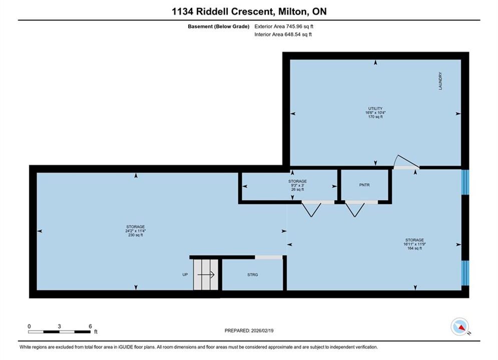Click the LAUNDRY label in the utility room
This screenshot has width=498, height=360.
coord(440,81)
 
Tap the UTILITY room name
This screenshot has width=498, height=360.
coord(375,108)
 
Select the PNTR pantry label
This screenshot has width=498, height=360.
coord(364,185)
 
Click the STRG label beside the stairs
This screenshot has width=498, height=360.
coord(252,274)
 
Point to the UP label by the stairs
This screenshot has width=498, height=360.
coord(185,274)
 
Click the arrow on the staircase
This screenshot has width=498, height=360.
coord(206,274)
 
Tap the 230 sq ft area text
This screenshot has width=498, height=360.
coord(136,235)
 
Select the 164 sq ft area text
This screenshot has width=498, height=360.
coord(414,248)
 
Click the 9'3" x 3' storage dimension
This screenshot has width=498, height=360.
coord(298,185)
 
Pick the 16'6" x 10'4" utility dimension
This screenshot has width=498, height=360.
coord(375,112)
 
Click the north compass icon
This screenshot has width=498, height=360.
coord(459,326)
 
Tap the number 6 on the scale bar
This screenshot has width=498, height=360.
coord(90,326)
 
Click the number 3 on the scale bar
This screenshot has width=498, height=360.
coord(60,326)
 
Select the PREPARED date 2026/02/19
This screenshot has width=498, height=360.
coord(262,330)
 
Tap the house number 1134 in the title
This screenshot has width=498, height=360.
coord(182,11)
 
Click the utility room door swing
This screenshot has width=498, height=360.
coord(406,161)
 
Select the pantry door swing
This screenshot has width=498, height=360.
coord(355,209)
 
